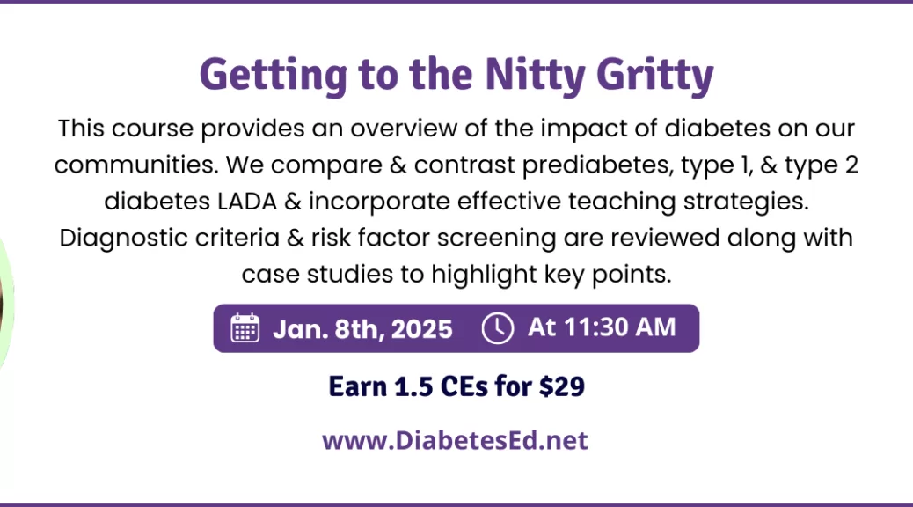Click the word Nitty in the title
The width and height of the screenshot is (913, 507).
point(535,75)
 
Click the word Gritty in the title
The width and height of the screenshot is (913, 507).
point(655,75)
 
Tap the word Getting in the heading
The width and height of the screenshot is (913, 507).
point(273,75)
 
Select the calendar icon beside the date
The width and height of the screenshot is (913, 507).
point(245,327)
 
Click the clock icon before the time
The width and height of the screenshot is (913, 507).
point(497,327)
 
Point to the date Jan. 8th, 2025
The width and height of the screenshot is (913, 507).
point(362,328)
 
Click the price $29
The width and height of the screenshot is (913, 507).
point(562,386)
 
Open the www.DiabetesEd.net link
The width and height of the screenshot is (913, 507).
point(456,440)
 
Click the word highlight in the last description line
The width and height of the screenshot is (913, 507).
point(484,274)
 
